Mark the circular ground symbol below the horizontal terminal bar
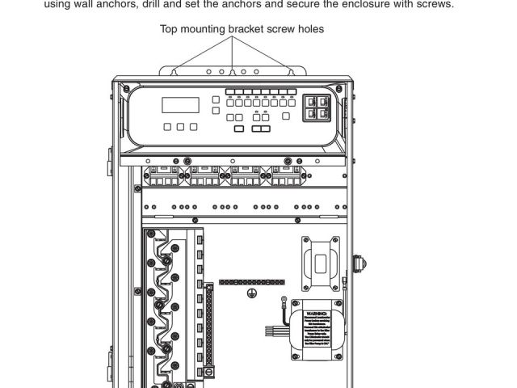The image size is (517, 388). point(251,293)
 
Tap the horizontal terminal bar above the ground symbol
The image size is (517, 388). point(251,282)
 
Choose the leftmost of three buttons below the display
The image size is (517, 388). point(167,127)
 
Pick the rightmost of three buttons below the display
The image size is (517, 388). point(193,127)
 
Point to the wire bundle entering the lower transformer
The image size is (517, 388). point(279,330)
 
